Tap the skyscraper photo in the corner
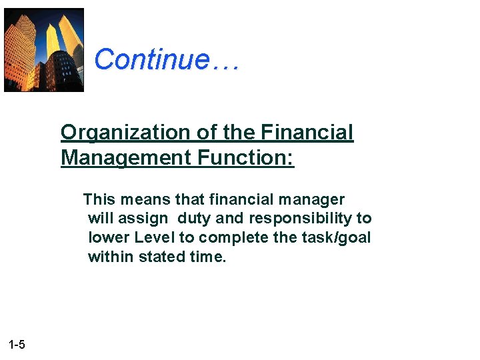coord(44,50)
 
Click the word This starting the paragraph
coord(99,199)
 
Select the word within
coord(111,257)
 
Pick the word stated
coord(162,257)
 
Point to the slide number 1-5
coord(17,345)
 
